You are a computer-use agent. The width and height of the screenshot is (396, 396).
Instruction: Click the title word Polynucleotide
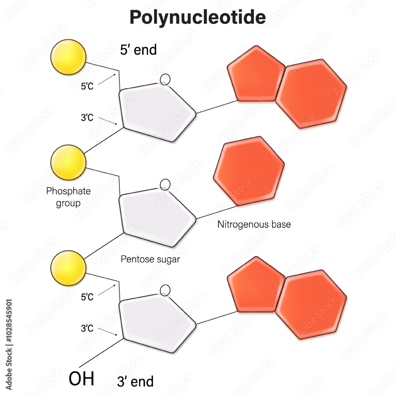pos(198,17)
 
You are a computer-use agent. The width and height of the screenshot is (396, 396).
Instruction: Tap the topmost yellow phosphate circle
pos(68,57)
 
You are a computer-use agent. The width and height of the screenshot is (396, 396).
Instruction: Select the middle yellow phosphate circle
pos(68,162)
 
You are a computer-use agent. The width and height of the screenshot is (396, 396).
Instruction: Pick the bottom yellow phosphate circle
pos(68,268)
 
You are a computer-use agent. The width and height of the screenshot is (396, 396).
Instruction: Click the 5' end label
pos(138,49)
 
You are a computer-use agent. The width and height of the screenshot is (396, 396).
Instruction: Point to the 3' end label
pos(135,381)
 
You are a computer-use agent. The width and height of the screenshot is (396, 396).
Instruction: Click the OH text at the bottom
pos(81,379)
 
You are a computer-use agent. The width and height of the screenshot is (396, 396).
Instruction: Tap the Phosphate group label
pos(68,197)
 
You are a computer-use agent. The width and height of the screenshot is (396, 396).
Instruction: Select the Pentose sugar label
pos(150,259)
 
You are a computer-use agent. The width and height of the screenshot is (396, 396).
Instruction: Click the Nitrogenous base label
pos(254,224)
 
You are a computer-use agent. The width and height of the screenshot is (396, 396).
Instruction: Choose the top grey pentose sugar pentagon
pos(157,112)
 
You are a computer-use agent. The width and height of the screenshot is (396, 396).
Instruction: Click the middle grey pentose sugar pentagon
pos(157,217)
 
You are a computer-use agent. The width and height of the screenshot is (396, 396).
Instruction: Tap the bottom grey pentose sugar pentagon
pos(157,323)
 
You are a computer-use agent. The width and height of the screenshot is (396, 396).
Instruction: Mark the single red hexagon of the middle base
pos(249,171)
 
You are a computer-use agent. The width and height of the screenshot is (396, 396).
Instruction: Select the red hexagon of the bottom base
pos(311,304)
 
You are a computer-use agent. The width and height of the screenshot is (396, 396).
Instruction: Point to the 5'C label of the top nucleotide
pos(87,86)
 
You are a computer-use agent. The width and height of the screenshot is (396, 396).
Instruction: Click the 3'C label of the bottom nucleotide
pos(87,328)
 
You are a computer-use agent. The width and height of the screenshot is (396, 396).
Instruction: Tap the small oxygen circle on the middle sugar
pos(165,185)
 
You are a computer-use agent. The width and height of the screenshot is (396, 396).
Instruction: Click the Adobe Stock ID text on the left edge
pos(9,345)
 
